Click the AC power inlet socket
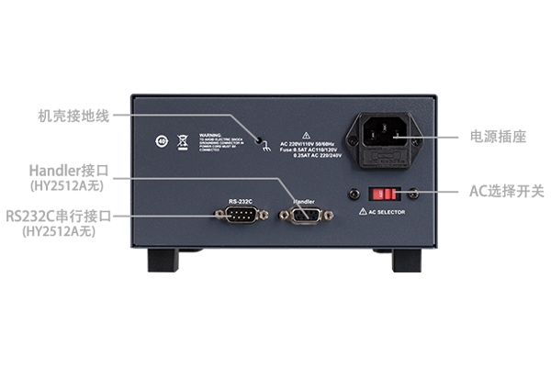tap(383, 139)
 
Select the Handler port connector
tap(304, 217)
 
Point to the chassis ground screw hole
tap(260, 141)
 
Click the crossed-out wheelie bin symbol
tap(182, 141)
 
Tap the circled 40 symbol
tap(162, 141)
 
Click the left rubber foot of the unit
tap(162, 261)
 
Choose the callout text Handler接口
tap(69, 171)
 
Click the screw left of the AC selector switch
tap(354, 195)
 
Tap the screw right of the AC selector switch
tap(414, 195)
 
